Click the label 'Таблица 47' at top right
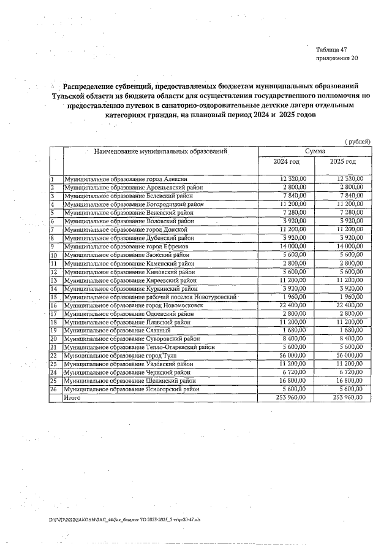331,49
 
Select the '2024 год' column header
286,161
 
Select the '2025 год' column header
342,161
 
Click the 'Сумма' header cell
315,150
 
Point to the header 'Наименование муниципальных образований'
160,150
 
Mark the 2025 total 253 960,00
346,397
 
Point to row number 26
54,389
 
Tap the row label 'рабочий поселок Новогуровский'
150,296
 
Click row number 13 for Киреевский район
54,280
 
